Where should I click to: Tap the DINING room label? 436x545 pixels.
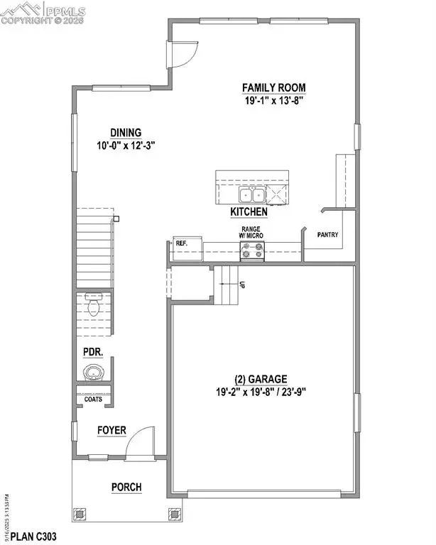(125, 133)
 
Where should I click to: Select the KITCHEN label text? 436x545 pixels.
(249, 212)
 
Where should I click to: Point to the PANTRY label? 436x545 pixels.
(328, 235)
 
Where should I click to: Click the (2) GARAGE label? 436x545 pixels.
(262, 380)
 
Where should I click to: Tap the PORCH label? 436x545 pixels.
(126, 488)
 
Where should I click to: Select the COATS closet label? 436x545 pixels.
(93, 399)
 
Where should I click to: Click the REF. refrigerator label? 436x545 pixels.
(181, 243)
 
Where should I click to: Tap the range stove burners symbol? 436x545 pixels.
(253, 251)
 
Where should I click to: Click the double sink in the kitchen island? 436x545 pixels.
(232, 195)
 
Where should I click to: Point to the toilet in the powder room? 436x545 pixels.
(93, 306)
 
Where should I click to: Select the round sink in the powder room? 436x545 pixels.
(93, 373)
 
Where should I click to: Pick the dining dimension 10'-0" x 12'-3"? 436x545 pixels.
(126, 145)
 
